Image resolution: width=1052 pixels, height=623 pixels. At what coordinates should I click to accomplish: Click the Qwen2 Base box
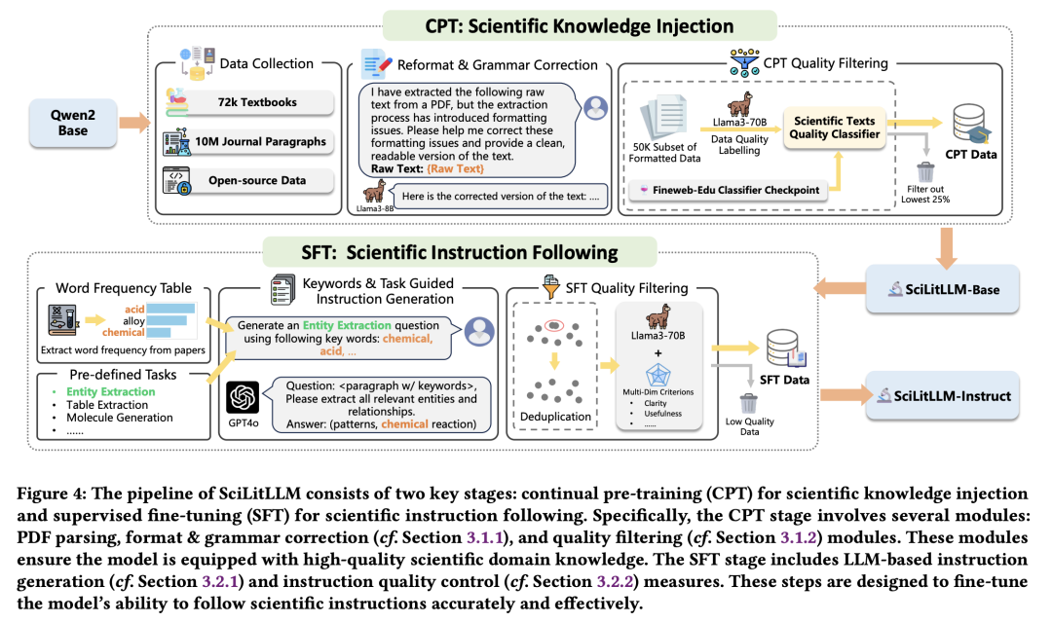point(72,123)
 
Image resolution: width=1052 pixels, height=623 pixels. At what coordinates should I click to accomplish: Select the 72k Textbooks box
point(249,102)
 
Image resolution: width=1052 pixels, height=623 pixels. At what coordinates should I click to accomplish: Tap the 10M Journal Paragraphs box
point(249,141)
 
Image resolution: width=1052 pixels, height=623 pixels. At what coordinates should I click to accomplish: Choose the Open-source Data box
point(249,180)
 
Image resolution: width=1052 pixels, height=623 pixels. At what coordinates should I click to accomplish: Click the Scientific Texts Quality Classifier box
point(834,128)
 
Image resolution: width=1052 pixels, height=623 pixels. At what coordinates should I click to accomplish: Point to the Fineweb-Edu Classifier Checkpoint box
point(729,190)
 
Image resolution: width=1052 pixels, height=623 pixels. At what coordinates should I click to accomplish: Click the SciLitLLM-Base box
point(942,289)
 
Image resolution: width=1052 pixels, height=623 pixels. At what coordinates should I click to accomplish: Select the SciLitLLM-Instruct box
point(942,395)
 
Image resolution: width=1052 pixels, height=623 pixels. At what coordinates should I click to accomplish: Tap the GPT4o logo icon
point(243,398)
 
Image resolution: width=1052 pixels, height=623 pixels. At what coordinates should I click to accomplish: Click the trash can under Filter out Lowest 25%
point(925,171)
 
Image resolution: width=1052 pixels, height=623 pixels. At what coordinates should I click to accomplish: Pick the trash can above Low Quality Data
point(749,404)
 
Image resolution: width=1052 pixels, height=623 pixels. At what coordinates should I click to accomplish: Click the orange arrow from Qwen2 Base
point(134,123)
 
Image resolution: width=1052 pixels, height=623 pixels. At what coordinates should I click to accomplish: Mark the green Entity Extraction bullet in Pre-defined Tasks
point(111,391)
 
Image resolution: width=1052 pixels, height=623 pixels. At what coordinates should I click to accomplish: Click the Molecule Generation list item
point(120,418)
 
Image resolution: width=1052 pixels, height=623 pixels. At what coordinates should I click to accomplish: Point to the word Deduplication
point(555,417)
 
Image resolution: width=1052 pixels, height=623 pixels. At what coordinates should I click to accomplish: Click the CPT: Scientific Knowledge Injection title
point(580,26)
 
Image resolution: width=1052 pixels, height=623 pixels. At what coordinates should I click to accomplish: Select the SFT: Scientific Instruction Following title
point(460,252)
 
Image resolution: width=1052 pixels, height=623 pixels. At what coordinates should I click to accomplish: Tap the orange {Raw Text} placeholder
point(455,169)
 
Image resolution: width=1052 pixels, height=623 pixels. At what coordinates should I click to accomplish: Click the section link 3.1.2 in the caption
point(797,538)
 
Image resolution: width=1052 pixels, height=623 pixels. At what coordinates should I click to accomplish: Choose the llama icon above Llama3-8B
point(375,191)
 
